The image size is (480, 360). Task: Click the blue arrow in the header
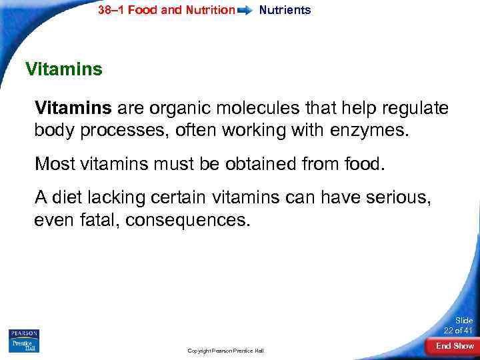[x=245, y=11]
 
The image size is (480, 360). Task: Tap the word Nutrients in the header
[x=285, y=10]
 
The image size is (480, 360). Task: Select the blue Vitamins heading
[x=63, y=69]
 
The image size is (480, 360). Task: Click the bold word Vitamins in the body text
[x=74, y=108]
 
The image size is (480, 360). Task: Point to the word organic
[x=178, y=108]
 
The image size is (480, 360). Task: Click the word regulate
[x=417, y=108]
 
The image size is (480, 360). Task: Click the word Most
[x=54, y=163]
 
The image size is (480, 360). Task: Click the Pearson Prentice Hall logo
[x=24, y=341]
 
